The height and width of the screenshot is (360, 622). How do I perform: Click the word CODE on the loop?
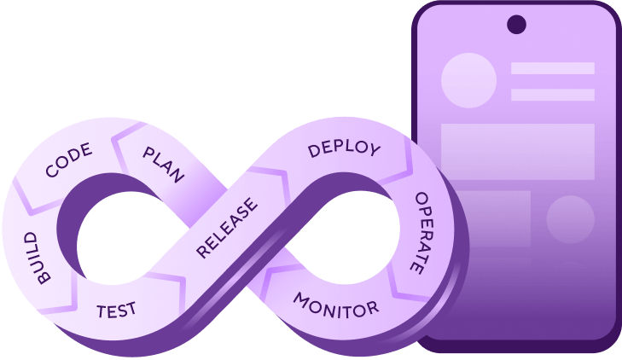click(x=68, y=160)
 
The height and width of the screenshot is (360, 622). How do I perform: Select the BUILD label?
click(x=38, y=256)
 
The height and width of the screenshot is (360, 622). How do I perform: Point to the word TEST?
click(x=116, y=309)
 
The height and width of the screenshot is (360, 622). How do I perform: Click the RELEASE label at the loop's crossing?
click(x=226, y=228)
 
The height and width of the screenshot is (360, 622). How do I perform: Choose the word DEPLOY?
click(x=344, y=148)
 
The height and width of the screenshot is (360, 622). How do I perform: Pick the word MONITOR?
click(x=335, y=304)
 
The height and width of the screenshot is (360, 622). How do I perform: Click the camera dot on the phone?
click(x=516, y=25)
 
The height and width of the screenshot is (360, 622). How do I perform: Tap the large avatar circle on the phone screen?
click(x=468, y=80)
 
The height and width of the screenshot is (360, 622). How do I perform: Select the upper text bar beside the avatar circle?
click(x=552, y=68)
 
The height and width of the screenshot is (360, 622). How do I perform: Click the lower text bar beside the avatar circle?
click(x=552, y=95)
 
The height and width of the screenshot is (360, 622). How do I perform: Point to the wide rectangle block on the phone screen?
click(x=517, y=152)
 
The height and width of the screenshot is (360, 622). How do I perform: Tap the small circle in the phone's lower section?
click(x=570, y=219)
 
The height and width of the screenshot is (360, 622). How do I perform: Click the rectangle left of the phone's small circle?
click(x=486, y=218)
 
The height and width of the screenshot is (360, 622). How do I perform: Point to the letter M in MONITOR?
click(x=300, y=299)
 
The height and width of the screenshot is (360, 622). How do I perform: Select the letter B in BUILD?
click(x=46, y=275)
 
